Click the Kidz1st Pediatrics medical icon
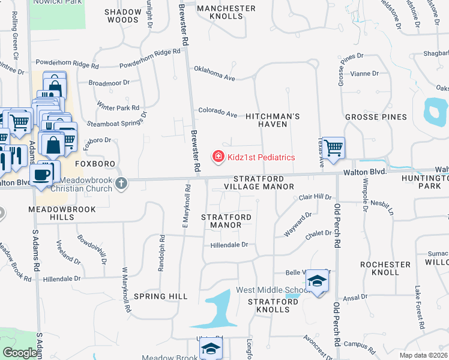(218, 157)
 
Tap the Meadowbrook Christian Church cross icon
(122, 182)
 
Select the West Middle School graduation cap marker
(316, 281)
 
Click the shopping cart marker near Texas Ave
(333, 147)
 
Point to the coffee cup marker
(41, 174)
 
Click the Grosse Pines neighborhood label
(376, 117)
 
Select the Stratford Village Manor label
(264, 182)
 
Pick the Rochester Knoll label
(385, 268)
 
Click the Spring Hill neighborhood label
(161, 296)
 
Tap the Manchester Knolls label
(226, 12)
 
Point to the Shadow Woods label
(122, 16)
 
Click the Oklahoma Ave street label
(214, 73)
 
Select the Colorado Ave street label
(218, 112)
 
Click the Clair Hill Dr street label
(315, 197)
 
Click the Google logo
(20, 353)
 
